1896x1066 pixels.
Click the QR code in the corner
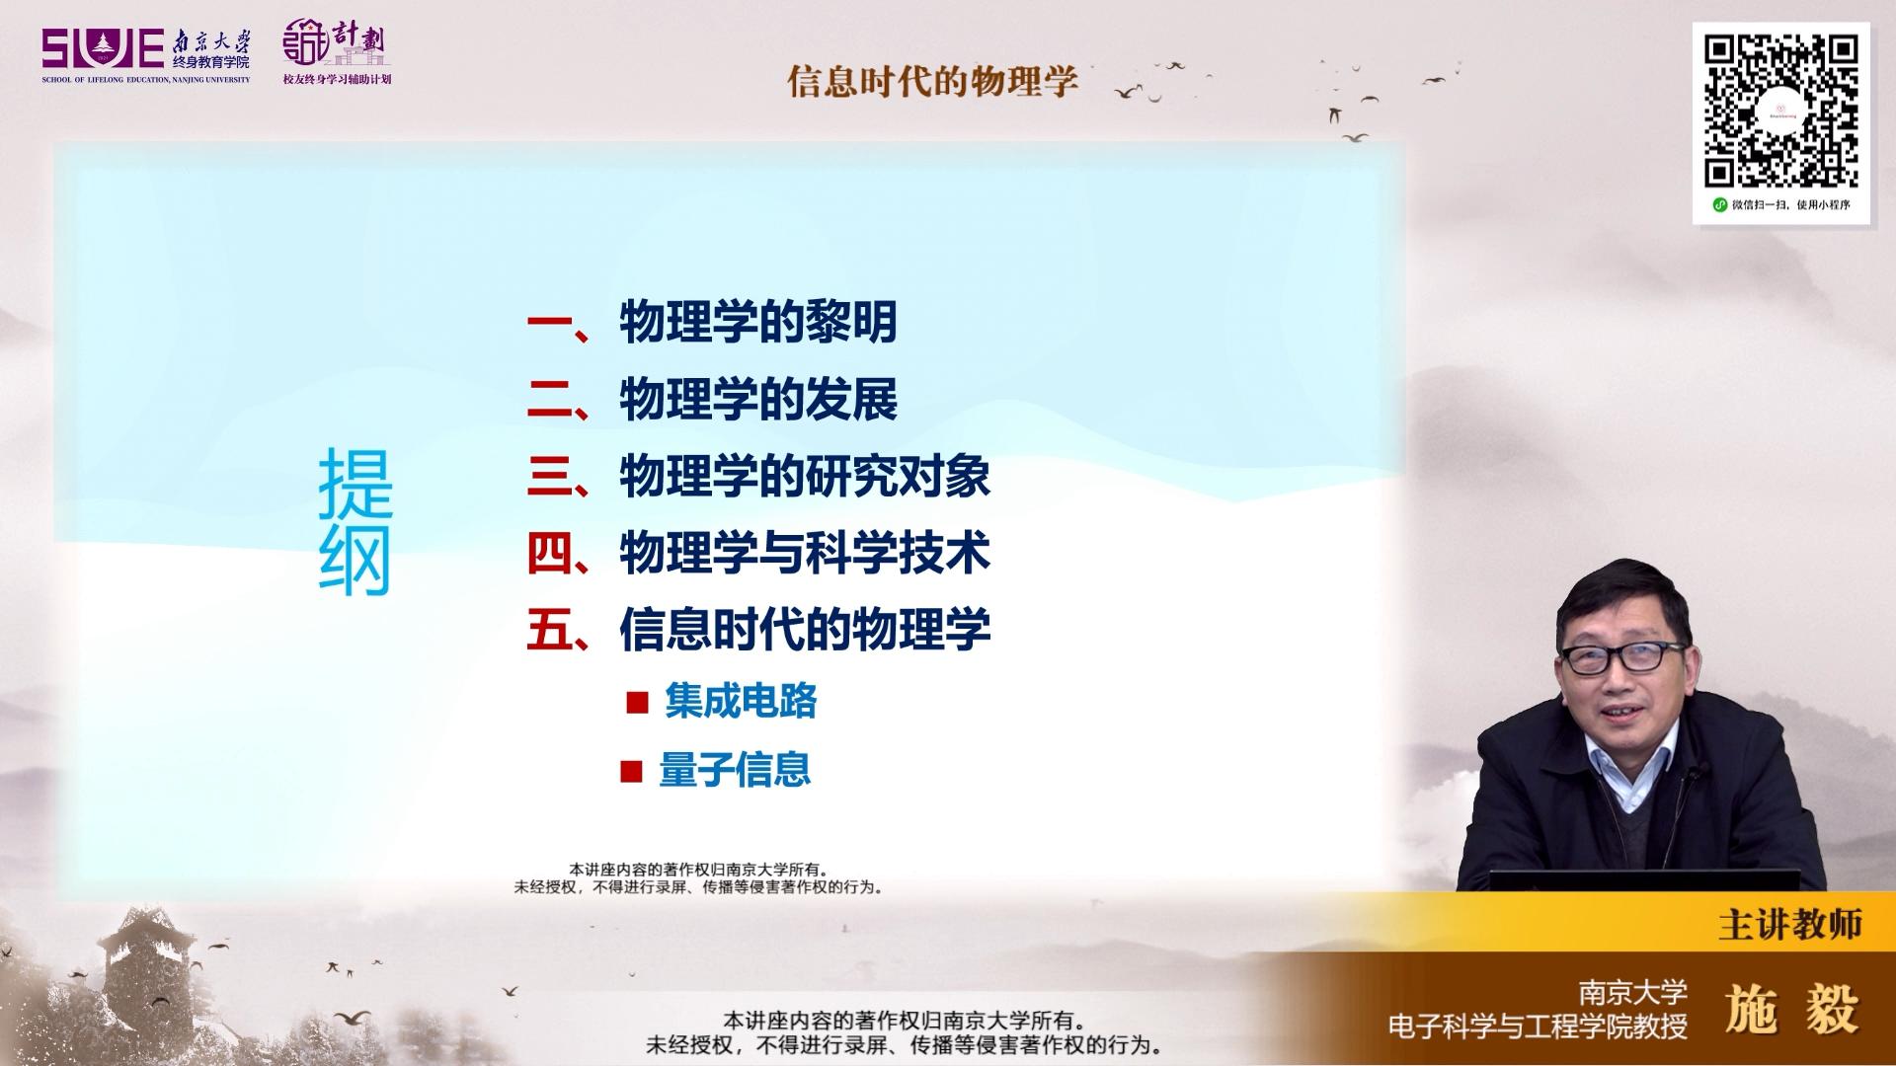click(1780, 111)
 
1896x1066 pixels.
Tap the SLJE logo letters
click(103, 49)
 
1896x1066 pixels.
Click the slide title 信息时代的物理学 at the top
click(932, 81)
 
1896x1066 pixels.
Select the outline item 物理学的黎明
click(758, 322)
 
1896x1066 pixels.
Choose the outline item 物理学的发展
click(758, 399)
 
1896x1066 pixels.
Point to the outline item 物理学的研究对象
click(805, 476)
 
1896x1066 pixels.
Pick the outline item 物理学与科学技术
click(805, 553)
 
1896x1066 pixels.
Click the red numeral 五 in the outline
click(549, 630)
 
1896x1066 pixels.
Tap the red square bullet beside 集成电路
click(637, 702)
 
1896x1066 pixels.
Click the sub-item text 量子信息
click(735, 770)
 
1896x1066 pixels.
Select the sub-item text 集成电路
click(741, 701)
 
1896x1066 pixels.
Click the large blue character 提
click(355, 483)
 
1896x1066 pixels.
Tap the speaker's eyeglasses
click(1622, 656)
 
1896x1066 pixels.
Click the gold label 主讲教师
click(1790, 925)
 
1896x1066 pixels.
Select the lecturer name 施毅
click(1792, 1010)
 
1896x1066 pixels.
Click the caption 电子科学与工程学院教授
click(1538, 1027)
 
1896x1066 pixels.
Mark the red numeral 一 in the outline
click(549, 322)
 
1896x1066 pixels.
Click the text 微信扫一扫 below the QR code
click(1761, 205)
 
